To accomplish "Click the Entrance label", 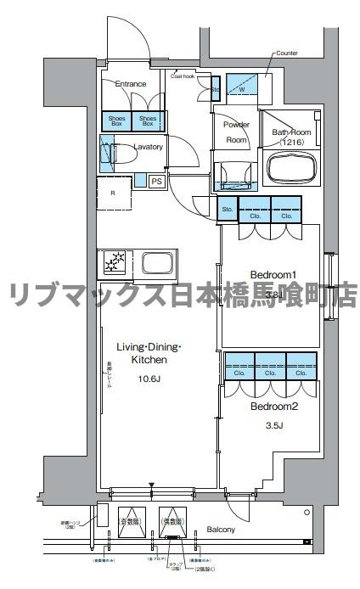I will click(x=131, y=84).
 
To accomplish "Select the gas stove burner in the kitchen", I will click(x=115, y=263).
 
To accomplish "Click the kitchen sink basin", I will click(x=157, y=261).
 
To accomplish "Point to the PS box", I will click(x=157, y=181).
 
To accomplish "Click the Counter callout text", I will click(x=286, y=53).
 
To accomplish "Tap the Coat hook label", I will click(x=183, y=76).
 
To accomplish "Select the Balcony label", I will click(x=221, y=530).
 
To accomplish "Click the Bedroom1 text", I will click(x=272, y=274).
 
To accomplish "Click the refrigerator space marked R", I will click(x=114, y=192).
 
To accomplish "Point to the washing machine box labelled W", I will click(x=242, y=89).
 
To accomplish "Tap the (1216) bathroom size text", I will click(x=288, y=143).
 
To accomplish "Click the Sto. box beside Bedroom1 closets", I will click(x=227, y=209).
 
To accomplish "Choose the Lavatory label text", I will click(x=147, y=147).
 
